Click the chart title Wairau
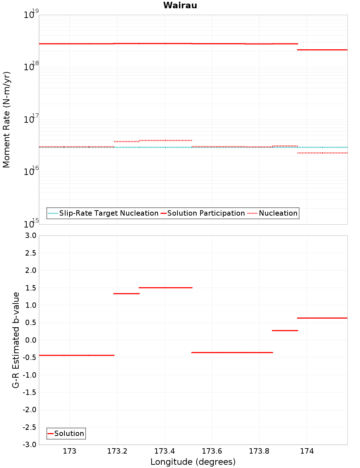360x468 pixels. coord(180,5)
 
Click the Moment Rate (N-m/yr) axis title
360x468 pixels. coord(6,120)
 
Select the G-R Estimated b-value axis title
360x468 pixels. coord(16,340)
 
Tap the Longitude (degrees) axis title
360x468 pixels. coord(193,462)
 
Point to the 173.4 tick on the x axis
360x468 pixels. coord(165,451)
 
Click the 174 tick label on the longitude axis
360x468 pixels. coord(307,451)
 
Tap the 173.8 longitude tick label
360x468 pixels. coord(259,451)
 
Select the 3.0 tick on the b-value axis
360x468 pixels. coord(29,235)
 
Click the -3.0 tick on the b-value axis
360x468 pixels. coord(29,445)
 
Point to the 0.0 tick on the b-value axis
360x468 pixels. coord(31,340)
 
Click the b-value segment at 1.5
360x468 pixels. coord(166,288)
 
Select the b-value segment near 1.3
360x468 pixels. coord(126,294)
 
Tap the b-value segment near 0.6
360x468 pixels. coord(322,318)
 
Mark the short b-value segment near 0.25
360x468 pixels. coord(285,330)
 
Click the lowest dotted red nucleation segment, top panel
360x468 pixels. coord(322,153)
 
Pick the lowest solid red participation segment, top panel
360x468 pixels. coord(322,50)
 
